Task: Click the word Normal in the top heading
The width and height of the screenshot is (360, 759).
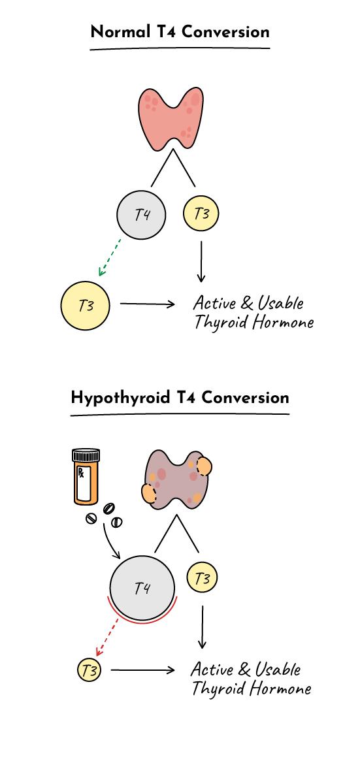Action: [120, 32]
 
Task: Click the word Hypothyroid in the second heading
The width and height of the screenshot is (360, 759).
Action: [120, 398]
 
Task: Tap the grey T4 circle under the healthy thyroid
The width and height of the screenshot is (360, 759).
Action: [141, 214]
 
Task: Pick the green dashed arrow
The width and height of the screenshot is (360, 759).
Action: [110, 257]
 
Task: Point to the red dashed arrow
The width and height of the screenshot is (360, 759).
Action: [107, 635]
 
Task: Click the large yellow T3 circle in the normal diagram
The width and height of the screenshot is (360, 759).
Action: [85, 306]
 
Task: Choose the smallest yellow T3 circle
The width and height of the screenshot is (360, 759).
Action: [90, 670]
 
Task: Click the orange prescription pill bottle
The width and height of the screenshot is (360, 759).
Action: [86, 476]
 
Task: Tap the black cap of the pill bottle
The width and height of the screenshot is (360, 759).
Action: [86, 455]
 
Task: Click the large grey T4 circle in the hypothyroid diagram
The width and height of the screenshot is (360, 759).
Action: [142, 588]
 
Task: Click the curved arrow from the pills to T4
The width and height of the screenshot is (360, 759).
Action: [109, 542]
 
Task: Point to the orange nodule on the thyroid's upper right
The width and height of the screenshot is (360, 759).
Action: [203, 466]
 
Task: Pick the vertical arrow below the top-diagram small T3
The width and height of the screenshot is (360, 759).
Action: [201, 261]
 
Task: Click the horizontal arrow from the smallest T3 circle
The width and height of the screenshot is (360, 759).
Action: [142, 670]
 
